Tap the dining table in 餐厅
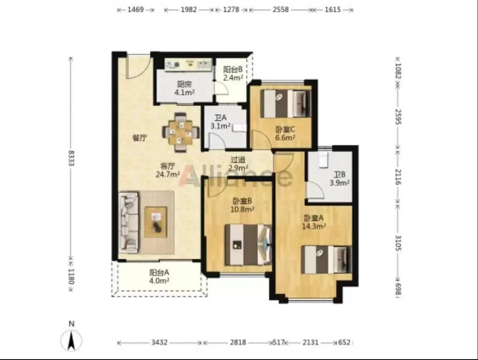[181, 132]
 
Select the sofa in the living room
[128, 222]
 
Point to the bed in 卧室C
[286, 103]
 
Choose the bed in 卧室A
[327, 260]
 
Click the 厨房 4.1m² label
[185, 88]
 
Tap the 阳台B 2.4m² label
[233, 73]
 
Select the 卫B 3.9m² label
[339, 179]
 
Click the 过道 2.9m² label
[238, 164]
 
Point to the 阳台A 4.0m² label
[159, 276]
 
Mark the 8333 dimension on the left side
[71, 158]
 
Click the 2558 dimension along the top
[281, 9]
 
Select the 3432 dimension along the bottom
[159, 342]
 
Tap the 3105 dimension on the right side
[398, 243]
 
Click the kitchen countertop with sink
[188, 65]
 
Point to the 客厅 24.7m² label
[167, 170]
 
